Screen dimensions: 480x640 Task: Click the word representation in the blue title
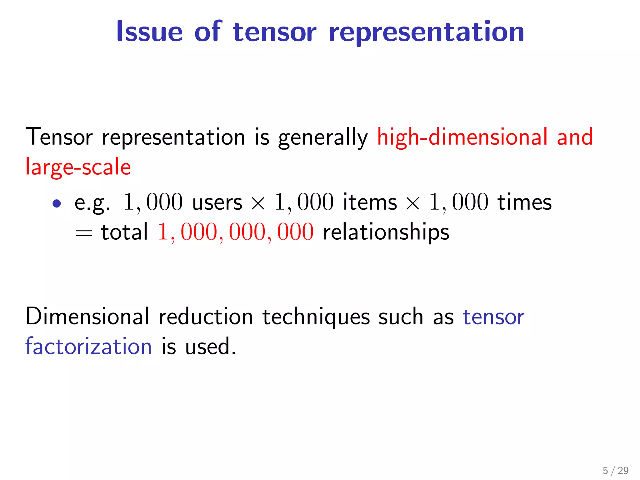click(x=426, y=32)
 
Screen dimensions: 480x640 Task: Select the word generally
click(x=323, y=137)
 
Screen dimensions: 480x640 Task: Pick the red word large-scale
click(x=78, y=167)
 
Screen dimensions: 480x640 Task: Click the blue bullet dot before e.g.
click(x=57, y=204)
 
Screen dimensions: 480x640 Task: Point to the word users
click(x=217, y=202)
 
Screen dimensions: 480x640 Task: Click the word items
click(x=370, y=202)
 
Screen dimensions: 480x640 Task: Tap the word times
click(x=525, y=202)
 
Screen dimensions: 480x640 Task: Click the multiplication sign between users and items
click(x=258, y=203)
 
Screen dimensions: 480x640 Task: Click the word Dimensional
click(x=87, y=317)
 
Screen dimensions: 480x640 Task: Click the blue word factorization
click(x=88, y=347)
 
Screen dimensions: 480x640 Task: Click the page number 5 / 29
click(x=615, y=470)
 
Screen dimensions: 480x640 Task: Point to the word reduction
click(x=206, y=317)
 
